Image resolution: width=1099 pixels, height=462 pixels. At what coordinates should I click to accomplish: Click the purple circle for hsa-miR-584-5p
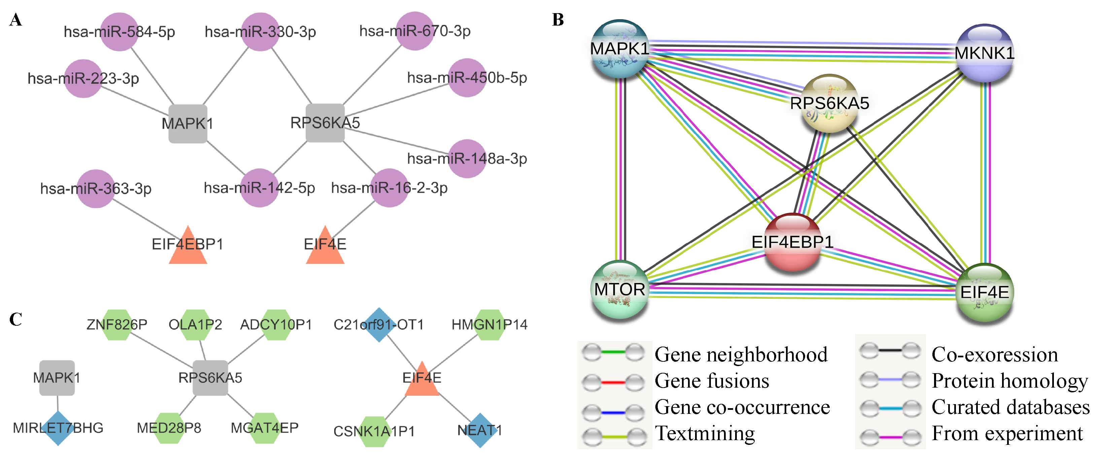(x=119, y=32)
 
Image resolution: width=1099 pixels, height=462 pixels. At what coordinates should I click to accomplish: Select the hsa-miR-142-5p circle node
(x=260, y=188)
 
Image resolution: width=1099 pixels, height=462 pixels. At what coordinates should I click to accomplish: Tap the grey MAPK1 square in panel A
(x=188, y=124)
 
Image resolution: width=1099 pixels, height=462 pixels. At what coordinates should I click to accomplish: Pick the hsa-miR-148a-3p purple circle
(x=467, y=159)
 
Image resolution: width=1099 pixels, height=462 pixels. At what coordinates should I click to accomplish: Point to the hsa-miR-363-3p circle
(x=96, y=188)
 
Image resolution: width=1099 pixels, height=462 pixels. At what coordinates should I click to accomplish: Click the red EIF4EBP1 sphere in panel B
(x=792, y=242)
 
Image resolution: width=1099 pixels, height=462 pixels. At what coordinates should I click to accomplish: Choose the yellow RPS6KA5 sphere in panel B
(x=829, y=103)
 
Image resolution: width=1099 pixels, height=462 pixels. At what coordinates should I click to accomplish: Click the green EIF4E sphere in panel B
(x=984, y=293)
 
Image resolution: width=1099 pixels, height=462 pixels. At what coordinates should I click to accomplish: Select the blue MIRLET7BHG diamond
(x=58, y=428)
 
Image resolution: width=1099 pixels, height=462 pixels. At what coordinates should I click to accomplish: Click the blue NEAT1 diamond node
(x=480, y=430)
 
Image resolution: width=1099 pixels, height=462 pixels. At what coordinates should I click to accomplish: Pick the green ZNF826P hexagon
(x=117, y=325)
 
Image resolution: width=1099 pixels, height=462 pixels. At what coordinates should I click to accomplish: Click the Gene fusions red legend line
(x=613, y=382)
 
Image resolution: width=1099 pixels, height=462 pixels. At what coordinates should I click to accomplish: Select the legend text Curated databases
(x=1010, y=407)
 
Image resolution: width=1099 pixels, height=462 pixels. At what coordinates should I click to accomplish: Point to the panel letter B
(x=558, y=20)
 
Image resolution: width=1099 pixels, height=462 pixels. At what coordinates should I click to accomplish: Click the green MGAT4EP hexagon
(x=265, y=428)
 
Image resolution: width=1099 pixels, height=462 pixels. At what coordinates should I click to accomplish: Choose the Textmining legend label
(x=705, y=433)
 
